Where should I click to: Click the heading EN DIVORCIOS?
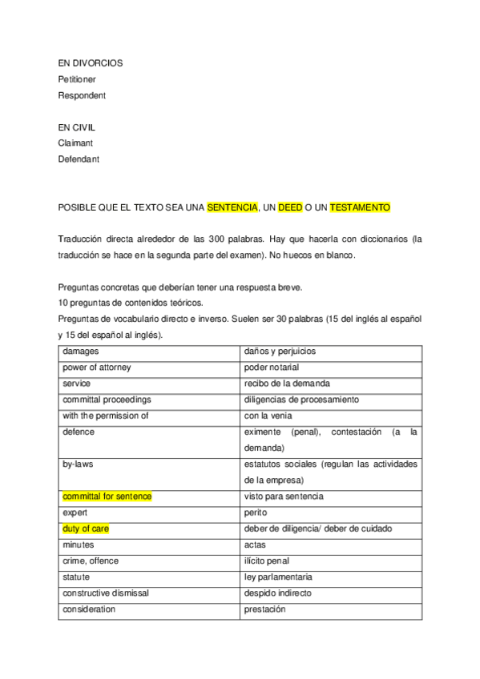(91, 62)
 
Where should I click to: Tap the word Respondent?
(82, 95)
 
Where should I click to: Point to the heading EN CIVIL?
(77, 127)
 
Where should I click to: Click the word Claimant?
(75, 143)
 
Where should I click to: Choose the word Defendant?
(79, 159)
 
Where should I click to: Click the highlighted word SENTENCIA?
(232, 207)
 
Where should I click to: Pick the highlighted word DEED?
(290, 207)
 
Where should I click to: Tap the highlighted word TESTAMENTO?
(360, 207)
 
